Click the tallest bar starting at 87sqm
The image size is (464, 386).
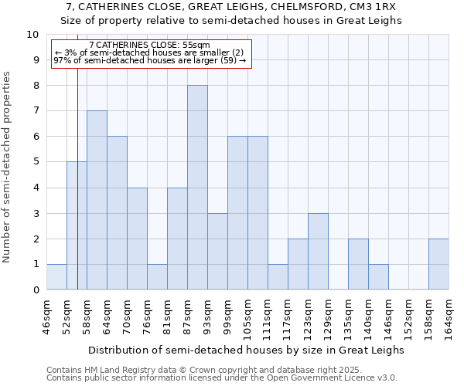(x=197, y=188)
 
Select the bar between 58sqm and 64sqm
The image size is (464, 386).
(x=97, y=201)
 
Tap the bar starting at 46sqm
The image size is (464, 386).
(x=56, y=277)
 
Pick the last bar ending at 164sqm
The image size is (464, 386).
(x=438, y=265)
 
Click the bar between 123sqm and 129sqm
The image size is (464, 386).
(x=318, y=252)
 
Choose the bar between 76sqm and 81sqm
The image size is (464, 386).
(x=157, y=277)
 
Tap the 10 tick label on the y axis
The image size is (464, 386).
(x=32, y=35)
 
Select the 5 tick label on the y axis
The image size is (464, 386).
(x=36, y=162)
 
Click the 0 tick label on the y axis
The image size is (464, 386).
(x=36, y=290)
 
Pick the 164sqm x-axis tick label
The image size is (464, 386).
(x=449, y=317)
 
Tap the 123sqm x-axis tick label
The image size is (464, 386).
(x=309, y=317)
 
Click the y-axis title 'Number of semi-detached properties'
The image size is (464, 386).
(x=8, y=167)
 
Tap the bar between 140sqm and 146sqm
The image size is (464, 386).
(x=378, y=277)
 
